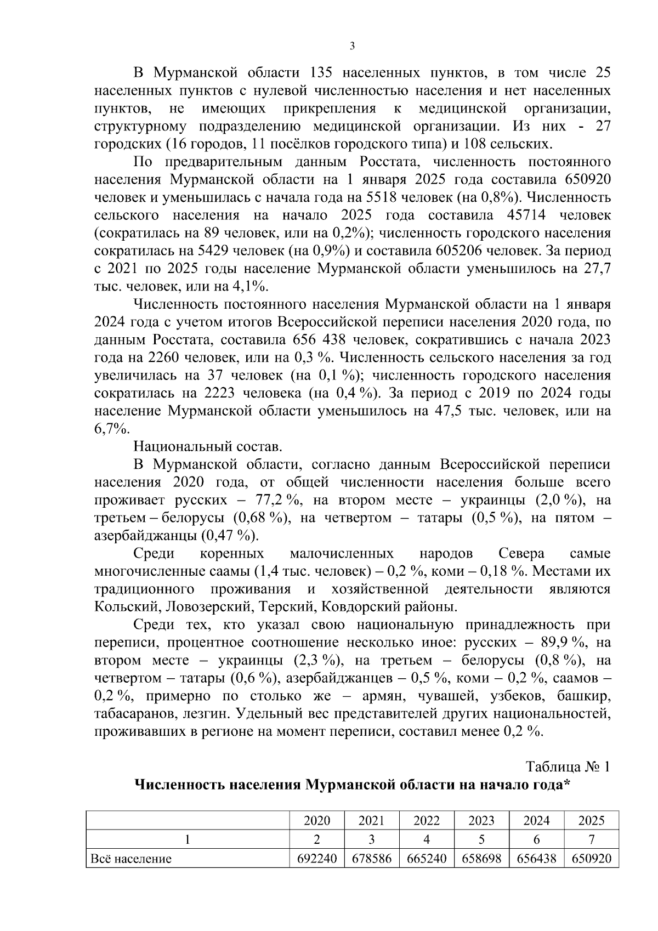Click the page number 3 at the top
pos(352,46)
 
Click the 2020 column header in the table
pos(317,821)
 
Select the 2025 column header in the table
pos(591,821)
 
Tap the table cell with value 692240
pos(317,859)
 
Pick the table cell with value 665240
pos(427,859)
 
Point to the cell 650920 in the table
pos(591,859)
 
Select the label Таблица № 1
pos(568,767)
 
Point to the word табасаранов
pos(128,714)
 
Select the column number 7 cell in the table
pos(591,839)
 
